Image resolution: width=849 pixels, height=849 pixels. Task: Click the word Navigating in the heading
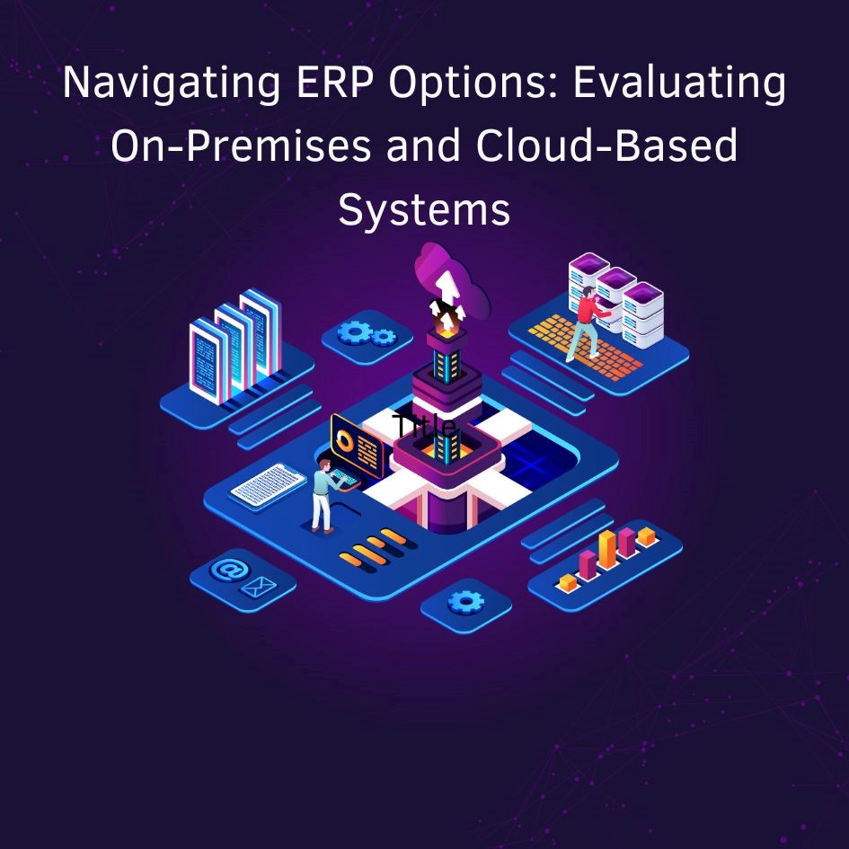pos(171,84)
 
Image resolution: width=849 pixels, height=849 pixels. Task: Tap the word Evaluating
pos(679,84)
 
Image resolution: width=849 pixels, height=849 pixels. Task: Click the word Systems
pos(424,210)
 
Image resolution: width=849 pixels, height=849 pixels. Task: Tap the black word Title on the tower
pos(424,426)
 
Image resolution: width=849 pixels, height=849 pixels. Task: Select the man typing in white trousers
pos(326,495)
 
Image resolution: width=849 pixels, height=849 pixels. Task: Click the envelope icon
pos(259,587)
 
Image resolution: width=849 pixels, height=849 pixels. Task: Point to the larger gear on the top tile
pos(354,332)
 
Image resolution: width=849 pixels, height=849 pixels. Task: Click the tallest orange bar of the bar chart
pos(607,549)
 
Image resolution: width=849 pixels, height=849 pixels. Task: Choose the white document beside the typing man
pos(269,486)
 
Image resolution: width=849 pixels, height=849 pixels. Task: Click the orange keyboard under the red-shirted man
pos(585,346)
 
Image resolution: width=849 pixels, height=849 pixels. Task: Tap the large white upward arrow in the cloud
pos(447,287)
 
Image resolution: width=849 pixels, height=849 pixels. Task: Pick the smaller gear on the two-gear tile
pos(384,337)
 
